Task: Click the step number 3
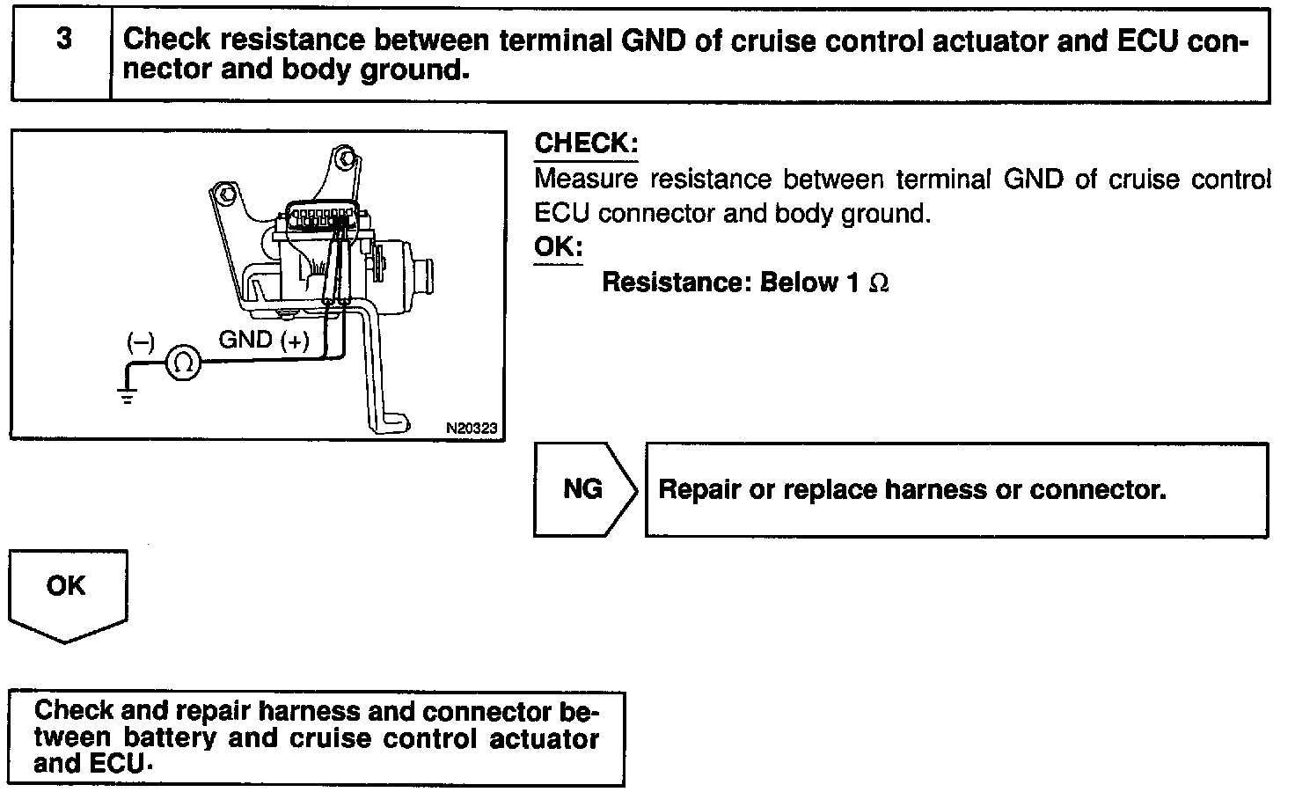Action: click(x=63, y=40)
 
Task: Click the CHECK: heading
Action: click(x=586, y=143)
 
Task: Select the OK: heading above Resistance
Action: click(x=558, y=246)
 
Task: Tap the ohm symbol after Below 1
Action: click(x=878, y=283)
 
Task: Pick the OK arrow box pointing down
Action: click(x=67, y=592)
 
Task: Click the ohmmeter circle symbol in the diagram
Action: click(x=184, y=363)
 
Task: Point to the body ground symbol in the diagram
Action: click(x=128, y=392)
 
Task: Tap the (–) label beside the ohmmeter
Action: click(x=140, y=342)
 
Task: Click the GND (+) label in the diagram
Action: click(x=263, y=341)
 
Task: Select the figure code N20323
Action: click(x=472, y=429)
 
